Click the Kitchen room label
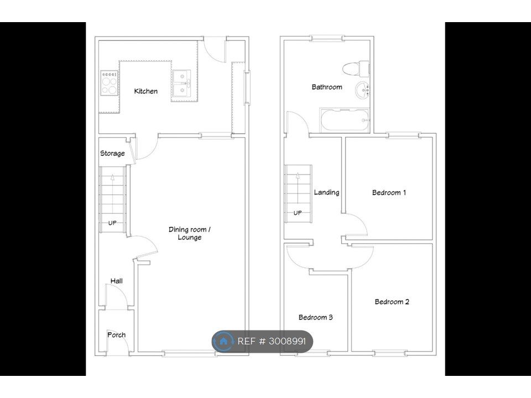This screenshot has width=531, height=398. point(145,91)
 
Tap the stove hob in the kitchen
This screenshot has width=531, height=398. point(109,83)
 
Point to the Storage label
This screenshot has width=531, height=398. point(112,153)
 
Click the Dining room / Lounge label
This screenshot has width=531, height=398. point(190,233)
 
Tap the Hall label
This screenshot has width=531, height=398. point(117,281)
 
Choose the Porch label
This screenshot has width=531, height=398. point(117,335)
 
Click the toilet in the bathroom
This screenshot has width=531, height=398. point(356,69)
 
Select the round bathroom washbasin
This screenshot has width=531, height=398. point(362,90)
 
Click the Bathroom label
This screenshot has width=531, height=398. point(327,87)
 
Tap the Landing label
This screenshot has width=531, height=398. point(326,192)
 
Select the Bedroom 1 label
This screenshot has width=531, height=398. point(389,192)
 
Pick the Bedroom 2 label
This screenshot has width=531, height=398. point(392,302)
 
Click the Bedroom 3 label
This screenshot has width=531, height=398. point(316,317)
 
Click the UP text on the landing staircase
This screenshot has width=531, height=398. point(298,213)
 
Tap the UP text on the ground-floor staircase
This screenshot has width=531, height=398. point(112,223)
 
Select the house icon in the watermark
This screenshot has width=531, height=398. point(223,341)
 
